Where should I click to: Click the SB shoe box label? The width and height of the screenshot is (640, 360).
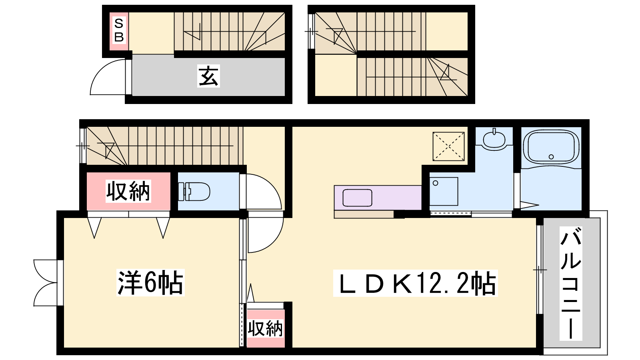click(119, 30)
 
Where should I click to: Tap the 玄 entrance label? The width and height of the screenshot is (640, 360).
click(208, 76)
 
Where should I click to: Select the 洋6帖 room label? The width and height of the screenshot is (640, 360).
click(150, 282)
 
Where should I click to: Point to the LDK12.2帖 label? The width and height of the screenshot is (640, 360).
click(416, 283)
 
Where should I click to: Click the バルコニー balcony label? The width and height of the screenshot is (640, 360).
click(570, 284)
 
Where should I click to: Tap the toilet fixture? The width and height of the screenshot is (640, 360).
click(194, 192)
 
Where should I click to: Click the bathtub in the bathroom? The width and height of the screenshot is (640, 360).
click(551, 148)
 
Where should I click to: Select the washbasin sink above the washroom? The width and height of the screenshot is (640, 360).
click(494, 139)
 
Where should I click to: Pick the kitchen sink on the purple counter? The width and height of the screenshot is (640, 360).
click(357, 198)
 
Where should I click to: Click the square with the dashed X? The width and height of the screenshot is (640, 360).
click(448, 146)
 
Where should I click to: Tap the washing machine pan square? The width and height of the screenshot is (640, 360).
click(444, 192)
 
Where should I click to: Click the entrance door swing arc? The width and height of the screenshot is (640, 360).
click(108, 77)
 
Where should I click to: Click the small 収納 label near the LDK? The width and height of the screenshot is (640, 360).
click(266, 328)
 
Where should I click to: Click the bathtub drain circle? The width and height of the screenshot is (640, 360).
click(551, 156)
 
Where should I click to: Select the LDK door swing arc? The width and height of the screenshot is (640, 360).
click(266, 232)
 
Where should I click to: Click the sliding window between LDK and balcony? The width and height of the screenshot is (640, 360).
click(540, 270)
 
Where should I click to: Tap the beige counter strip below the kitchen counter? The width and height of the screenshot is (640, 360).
click(364, 214)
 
